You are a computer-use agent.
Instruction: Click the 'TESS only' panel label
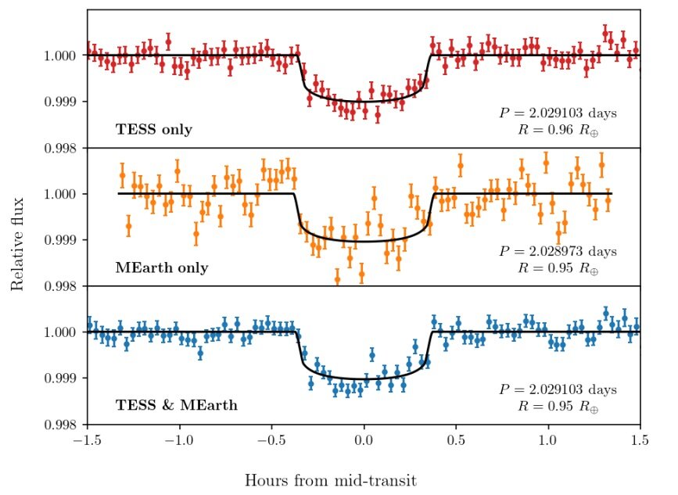[154, 129]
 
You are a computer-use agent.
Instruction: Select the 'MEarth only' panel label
[162, 267]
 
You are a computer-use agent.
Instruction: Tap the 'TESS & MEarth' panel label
[177, 405]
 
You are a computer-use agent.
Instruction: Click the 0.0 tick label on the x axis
[363, 441]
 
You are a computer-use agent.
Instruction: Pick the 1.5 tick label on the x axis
[640, 441]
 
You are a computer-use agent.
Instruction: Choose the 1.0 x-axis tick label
[548, 441]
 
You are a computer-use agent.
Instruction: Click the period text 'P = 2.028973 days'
[558, 251]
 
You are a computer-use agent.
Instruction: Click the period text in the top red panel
[558, 113]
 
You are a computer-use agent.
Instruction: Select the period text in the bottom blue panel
[558, 389]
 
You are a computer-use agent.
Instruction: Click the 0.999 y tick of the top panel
[63, 102]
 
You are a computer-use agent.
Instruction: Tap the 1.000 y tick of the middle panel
[63, 194]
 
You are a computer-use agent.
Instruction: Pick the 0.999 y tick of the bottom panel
[63, 378]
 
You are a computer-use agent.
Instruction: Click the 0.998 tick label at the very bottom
[63, 425]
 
